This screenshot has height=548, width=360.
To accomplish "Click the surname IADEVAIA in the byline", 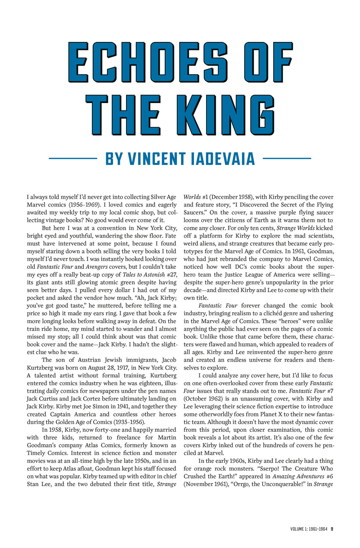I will click(x=223, y=159).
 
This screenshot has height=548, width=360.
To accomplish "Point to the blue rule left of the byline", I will click(x=73, y=158).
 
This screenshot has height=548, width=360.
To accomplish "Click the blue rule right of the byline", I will click(x=287, y=158).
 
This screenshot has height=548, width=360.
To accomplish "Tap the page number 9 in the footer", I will click(x=332, y=529).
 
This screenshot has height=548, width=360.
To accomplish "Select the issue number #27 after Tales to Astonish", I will click(x=171, y=275).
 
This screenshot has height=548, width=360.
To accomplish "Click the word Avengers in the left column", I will click(x=96, y=267).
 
